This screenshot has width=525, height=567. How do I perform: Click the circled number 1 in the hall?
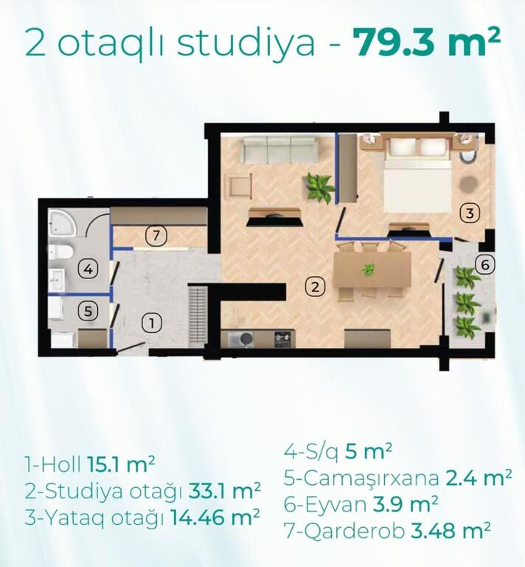152,323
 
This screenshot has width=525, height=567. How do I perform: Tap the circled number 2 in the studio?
315,286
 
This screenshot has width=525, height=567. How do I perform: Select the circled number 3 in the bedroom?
470,213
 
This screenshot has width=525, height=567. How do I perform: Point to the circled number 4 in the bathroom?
88,269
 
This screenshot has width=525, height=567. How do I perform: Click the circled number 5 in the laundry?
88,312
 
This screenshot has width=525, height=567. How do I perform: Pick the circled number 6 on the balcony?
484,265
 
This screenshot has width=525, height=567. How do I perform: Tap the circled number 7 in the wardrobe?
156,236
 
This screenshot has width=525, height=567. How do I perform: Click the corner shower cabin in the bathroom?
62,222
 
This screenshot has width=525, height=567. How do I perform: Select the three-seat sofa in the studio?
279,149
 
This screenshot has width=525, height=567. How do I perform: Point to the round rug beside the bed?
468,185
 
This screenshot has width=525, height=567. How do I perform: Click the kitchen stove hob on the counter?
284,338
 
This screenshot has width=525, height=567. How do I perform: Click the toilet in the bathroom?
61,251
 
